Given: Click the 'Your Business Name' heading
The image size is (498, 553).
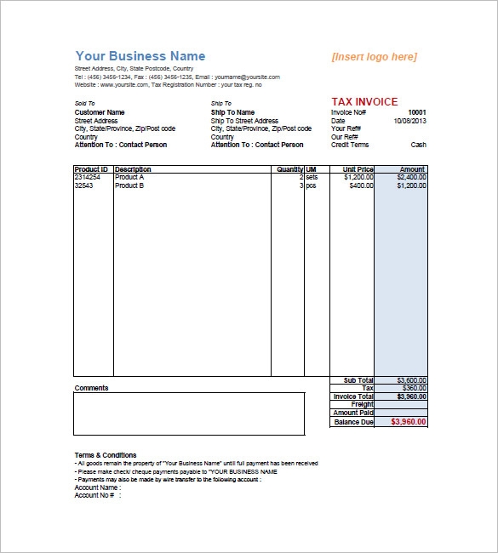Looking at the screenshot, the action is click(140, 56).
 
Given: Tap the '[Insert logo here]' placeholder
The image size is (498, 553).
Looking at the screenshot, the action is click(374, 57).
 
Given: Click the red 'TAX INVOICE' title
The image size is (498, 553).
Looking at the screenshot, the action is click(363, 102).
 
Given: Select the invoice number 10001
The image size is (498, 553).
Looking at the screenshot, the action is click(417, 112).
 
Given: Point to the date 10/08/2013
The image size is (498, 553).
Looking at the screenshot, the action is click(410, 121).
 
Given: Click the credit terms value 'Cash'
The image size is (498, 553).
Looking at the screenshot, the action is click(419, 145).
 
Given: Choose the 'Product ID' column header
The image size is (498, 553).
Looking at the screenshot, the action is click(92, 169).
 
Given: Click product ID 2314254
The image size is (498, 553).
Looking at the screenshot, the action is click(89, 177).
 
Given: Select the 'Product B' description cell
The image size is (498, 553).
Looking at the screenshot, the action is click(129, 185).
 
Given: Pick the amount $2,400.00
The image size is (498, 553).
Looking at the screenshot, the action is click(412, 177).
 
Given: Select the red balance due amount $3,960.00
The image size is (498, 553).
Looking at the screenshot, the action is click(409, 421).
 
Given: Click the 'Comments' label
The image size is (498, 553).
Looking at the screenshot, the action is click(92, 388).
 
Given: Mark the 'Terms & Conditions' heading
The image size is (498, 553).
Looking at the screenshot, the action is click(106, 455).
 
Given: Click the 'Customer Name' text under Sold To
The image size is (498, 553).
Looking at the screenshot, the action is click(100, 112).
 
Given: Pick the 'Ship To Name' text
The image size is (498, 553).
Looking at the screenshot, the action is click(232, 112).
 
